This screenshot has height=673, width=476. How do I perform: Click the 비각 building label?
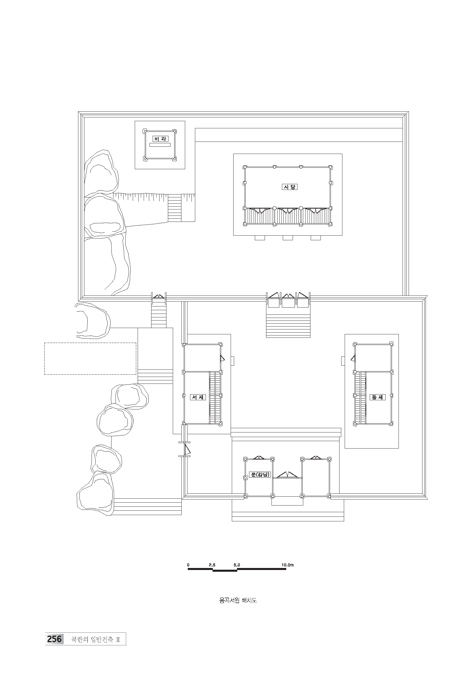click(x=160, y=139)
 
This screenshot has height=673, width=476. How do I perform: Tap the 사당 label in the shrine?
click(x=289, y=187)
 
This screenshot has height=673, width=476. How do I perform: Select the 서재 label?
click(x=198, y=397)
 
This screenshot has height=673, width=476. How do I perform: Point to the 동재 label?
click(x=377, y=397)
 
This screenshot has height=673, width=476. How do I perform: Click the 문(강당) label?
click(x=259, y=474)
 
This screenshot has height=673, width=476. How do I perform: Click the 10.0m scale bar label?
click(x=287, y=565)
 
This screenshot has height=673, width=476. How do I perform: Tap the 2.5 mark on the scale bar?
click(x=212, y=565)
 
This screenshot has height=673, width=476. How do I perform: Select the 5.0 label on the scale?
click(x=237, y=565)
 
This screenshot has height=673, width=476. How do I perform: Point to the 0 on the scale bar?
click(x=188, y=565)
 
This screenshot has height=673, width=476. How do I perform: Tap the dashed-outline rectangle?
click(x=90, y=359)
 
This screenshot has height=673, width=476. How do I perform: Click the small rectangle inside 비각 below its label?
click(x=160, y=145)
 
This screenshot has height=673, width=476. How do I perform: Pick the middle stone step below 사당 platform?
click(x=288, y=238)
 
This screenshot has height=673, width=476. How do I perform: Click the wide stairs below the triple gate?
click(x=288, y=326)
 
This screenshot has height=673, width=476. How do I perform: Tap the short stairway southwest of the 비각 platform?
click(x=175, y=209)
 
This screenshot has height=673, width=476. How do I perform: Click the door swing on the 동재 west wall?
click(x=353, y=358)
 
